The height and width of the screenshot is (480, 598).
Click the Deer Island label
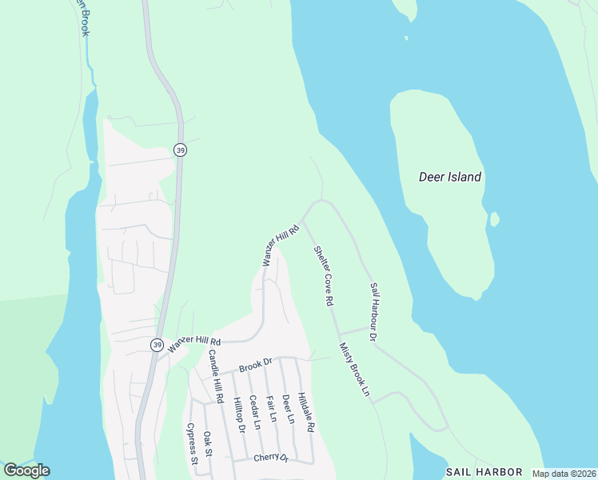point(450,177)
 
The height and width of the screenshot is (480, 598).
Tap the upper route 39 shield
point(180,150)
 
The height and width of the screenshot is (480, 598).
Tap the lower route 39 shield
point(157,345)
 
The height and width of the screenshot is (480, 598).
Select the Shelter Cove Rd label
point(323,276)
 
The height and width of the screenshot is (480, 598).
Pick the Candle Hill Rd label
point(215,376)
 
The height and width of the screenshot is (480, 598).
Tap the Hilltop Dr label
point(237,414)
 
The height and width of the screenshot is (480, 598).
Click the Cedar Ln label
point(253,412)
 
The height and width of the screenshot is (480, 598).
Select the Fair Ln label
point(270,408)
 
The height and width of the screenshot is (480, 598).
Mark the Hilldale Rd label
point(305,412)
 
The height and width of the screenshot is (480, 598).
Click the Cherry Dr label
point(269,458)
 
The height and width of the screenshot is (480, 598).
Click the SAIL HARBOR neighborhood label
point(484,472)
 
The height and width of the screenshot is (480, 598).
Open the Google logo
point(26,470)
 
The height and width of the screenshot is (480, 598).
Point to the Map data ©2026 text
point(563,474)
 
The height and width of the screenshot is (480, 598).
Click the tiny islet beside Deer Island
point(494,218)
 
